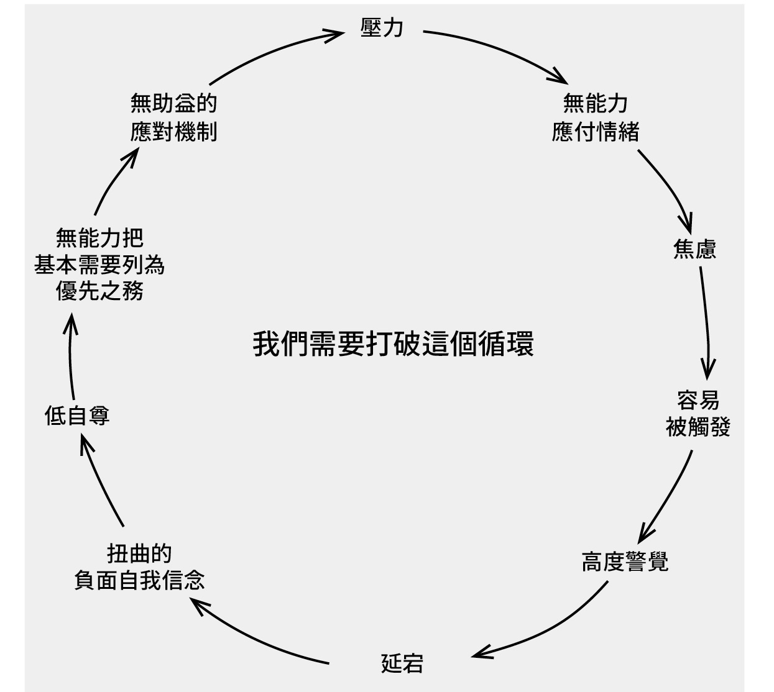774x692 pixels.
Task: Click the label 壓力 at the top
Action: (x=382, y=28)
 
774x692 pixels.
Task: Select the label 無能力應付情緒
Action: (x=595, y=117)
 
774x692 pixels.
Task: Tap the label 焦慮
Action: (x=694, y=249)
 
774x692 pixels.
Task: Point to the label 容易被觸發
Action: (x=698, y=414)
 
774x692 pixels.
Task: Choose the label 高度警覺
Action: (x=625, y=562)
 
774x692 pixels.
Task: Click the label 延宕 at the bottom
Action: (x=402, y=663)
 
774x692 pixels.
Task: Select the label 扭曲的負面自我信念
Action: (x=139, y=567)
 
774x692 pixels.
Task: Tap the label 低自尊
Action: (x=77, y=415)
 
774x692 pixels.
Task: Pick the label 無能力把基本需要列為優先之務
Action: (x=99, y=264)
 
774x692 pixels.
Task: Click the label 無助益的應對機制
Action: (x=173, y=117)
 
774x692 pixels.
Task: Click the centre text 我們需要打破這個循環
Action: (x=393, y=344)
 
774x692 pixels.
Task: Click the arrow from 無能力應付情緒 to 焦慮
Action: (x=668, y=186)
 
